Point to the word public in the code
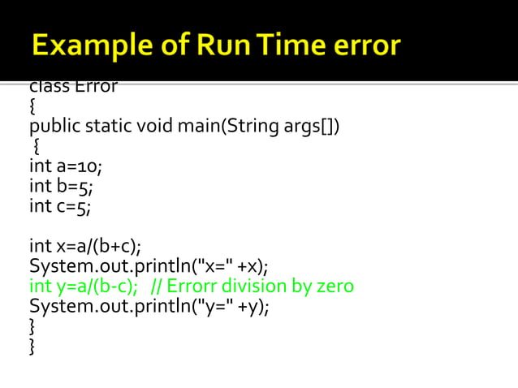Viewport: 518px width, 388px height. [x=54, y=127]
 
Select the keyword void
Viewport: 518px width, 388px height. [x=156, y=127]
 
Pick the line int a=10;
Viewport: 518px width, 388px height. [x=66, y=167]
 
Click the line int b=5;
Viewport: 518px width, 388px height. [x=60, y=187]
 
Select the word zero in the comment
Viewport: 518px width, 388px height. [x=335, y=287]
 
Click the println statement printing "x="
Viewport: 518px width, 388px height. [x=149, y=266]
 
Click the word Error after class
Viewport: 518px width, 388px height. [x=96, y=87]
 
